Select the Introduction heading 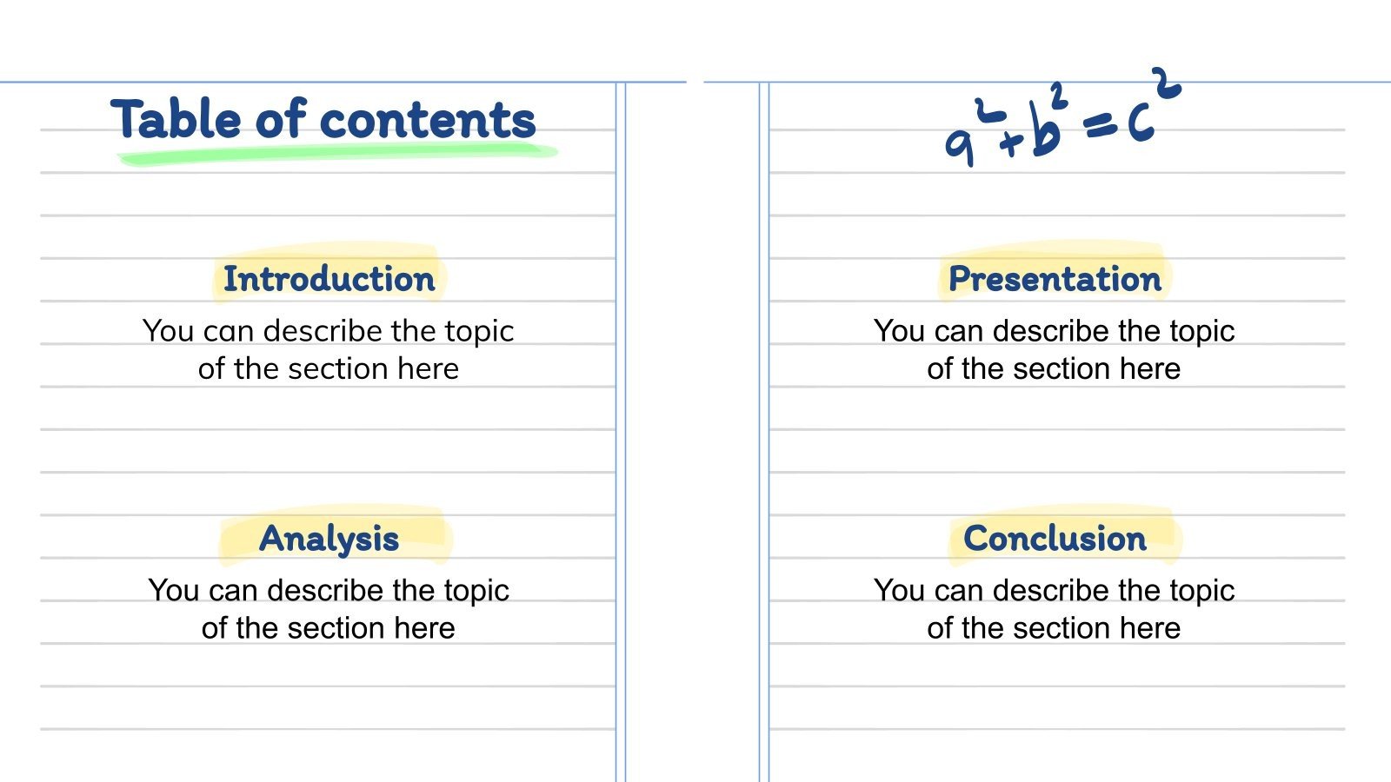(329, 279)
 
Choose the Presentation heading (1055, 279)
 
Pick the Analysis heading (329, 539)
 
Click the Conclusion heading (1055, 539)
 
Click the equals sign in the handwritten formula (1100, 128)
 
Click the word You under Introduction (169, 331)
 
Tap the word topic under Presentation (1201, 332)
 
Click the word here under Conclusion (1149, 628)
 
